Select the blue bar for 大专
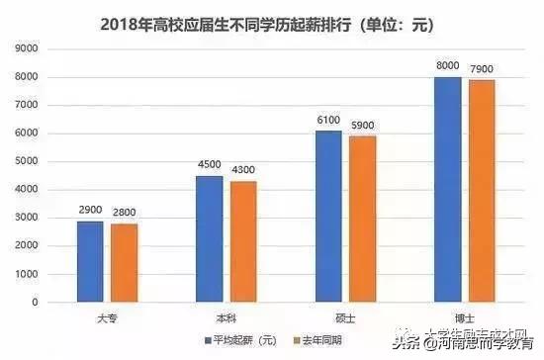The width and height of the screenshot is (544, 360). (x=91, y=261)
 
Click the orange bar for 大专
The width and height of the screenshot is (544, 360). (x=124, y=263)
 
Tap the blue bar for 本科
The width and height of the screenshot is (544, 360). (x=209, y=238)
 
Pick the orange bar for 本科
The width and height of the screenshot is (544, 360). (x=242, y=241)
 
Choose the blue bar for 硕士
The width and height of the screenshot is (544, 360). (x=328, y=217)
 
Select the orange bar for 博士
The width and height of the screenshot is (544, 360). (x=481, y=191)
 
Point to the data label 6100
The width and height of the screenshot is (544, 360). (x=328, y=122)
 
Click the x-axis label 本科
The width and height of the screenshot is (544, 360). (x=226, y=317)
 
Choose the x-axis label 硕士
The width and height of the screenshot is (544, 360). (x=344, y=317)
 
